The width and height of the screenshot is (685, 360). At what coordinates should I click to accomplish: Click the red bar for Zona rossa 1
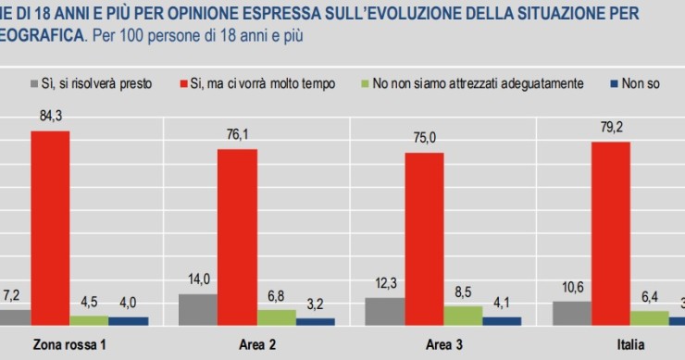50,228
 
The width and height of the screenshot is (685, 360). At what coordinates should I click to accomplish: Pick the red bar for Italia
609,233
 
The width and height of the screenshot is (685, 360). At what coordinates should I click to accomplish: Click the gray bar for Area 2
197,309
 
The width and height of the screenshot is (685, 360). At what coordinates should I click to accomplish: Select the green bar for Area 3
463,315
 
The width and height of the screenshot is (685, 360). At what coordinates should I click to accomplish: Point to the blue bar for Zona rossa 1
127,320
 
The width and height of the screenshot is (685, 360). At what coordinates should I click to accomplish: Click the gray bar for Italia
571,313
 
